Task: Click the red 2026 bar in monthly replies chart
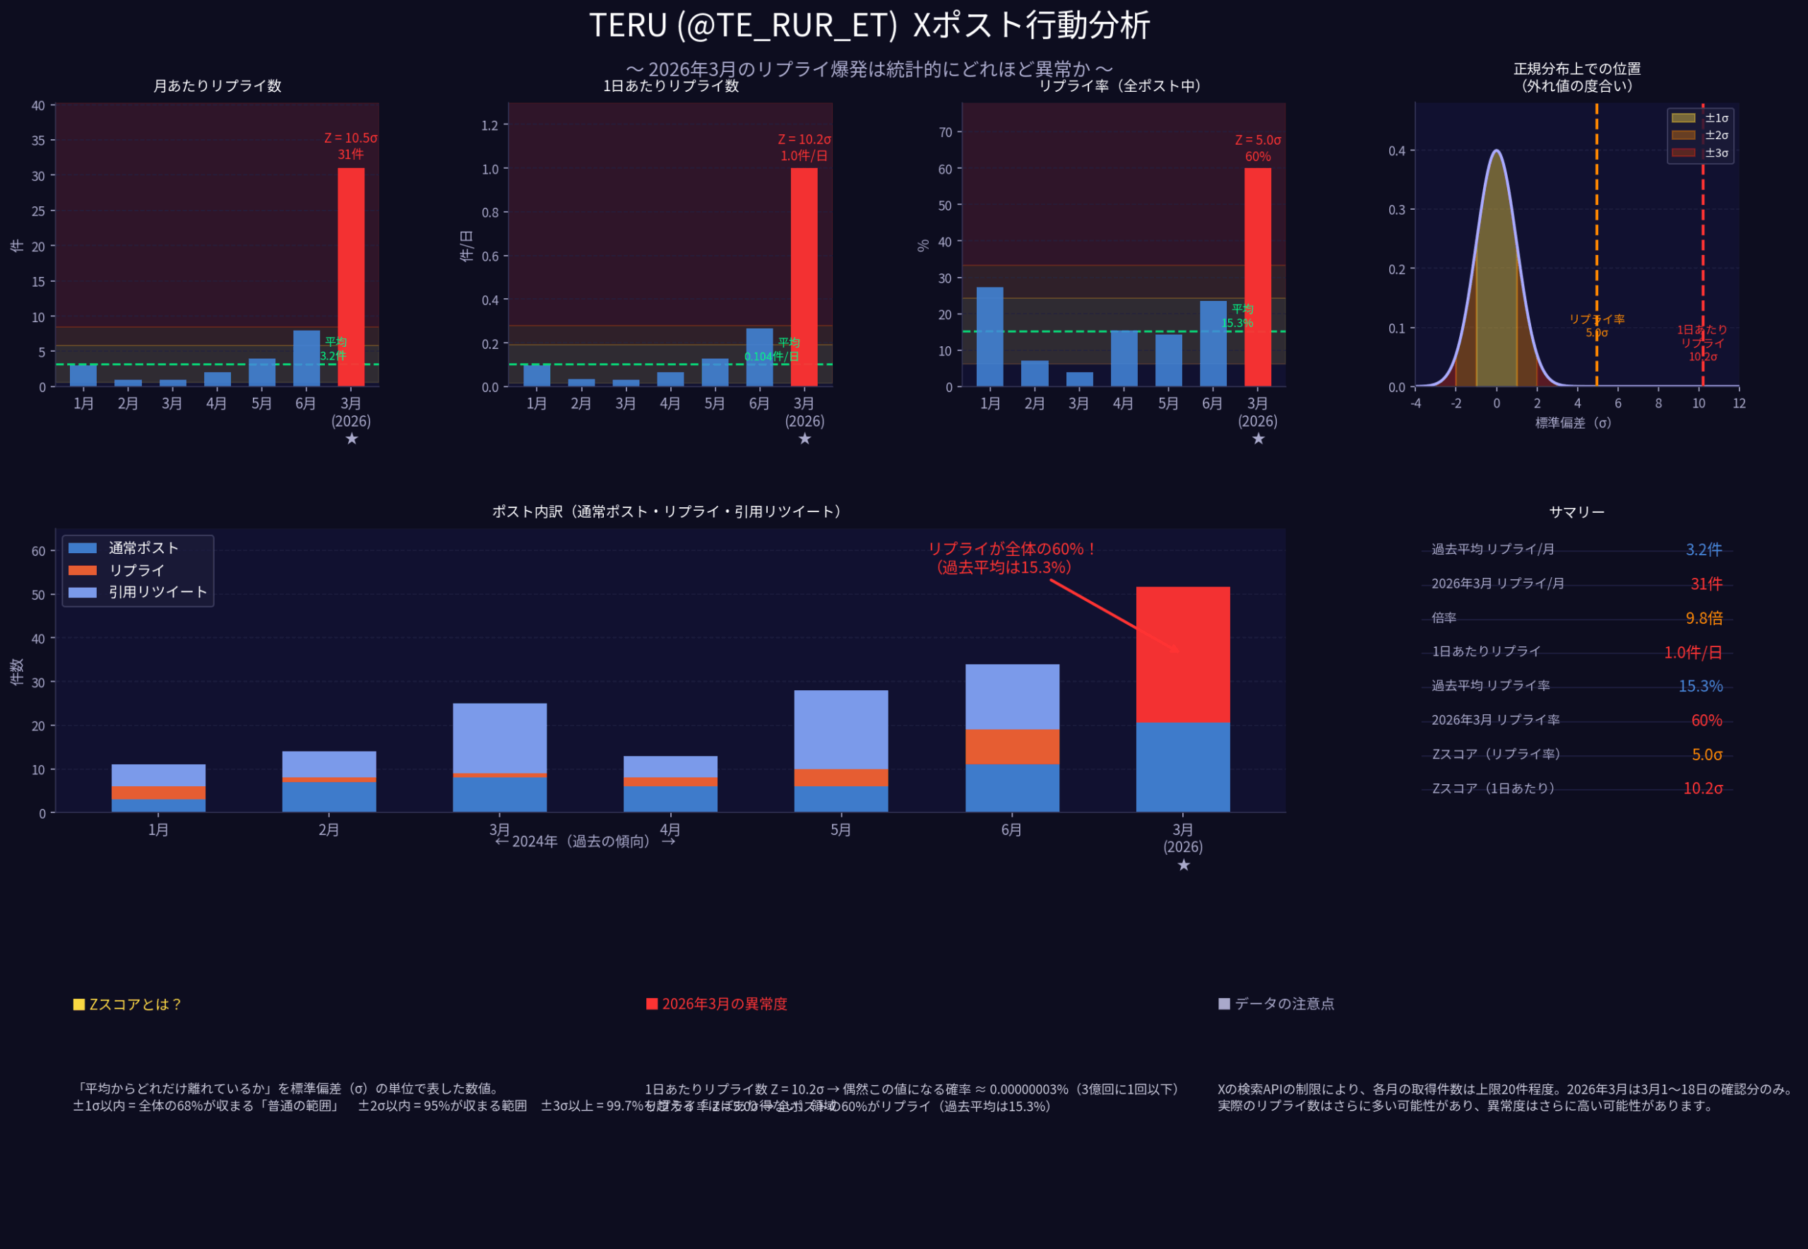pyautogui.click(x=350, y=277)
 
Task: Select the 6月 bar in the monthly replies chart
pyautogui.click(x=306, y=358)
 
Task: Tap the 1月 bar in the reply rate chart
pyautogui.click(x=989, y=336)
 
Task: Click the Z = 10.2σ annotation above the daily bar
pyautogui.click(x=804, y=139)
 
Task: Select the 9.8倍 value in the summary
pyautogui.click(x=1703, y=618)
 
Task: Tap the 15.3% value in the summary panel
pyautogui.click(x=1700, y=687)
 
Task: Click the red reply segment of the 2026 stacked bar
pyautogui.click(x=1182, y=654)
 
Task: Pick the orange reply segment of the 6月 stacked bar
pyautogui.click(x=1011, y=747)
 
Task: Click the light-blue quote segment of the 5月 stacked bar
pyautogui.click(x=840, y=729)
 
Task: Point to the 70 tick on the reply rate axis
pyautogui.click(x=945, y=132)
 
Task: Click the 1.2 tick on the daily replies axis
pyautogui.click(x=489, y=125)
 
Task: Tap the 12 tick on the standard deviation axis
pyautogui.click(x=1738, y=403)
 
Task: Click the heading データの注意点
pyautogui.click(x=1283, y=1003)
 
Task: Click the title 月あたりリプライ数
pyautogui.click(x=217, y=86)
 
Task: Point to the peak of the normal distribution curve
pyautogui.click(x=1496, y=151)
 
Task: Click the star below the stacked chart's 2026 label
pyautogui.click(x=1183, y=865)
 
